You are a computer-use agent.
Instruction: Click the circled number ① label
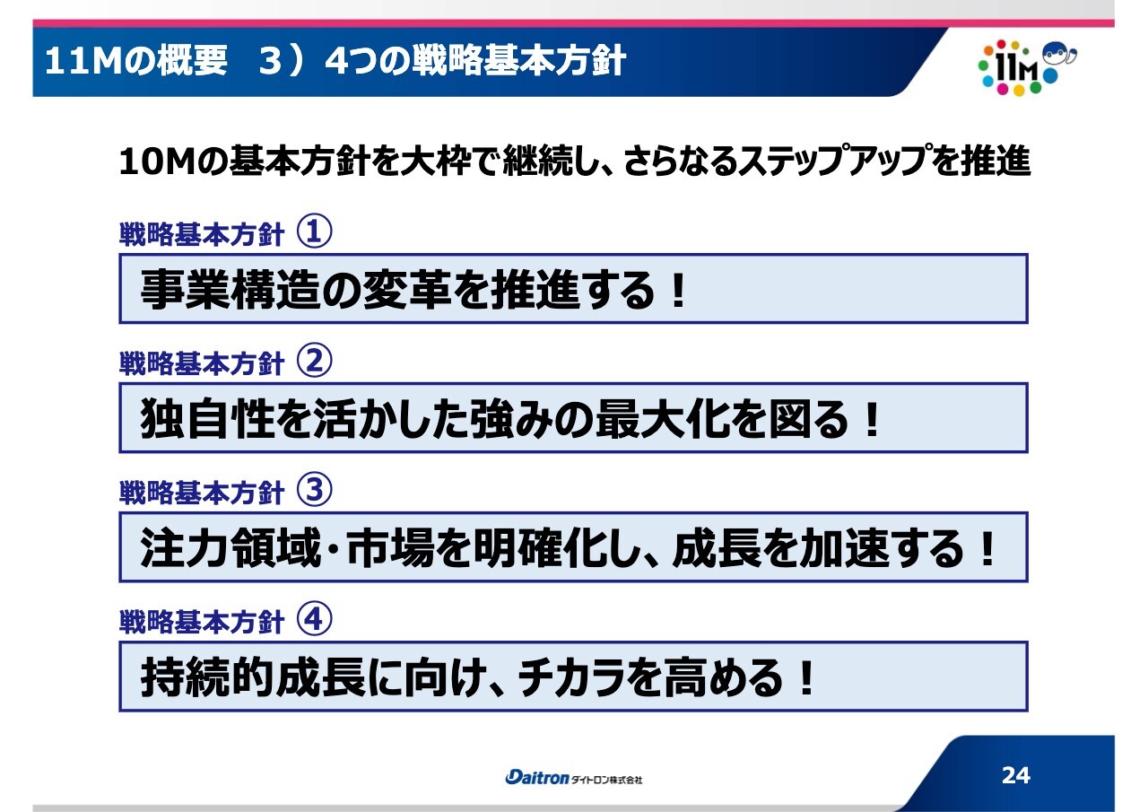pos(314,231)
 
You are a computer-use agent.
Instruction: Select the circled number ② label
pos(314,361)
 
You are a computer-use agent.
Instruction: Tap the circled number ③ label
pos(314,490)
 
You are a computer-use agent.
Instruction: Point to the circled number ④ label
pos(314,619)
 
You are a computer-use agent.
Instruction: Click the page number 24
pos(1016,775)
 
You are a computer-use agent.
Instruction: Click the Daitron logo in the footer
pos(536,778)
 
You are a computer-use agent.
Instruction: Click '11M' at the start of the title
pos(82,62)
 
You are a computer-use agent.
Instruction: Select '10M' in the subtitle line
pos(157,162)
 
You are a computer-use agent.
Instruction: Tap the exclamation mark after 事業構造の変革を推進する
pos(679,290)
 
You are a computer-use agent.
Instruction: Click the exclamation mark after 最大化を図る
pos(871,419)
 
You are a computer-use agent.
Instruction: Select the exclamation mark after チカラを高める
pos(806,677)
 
